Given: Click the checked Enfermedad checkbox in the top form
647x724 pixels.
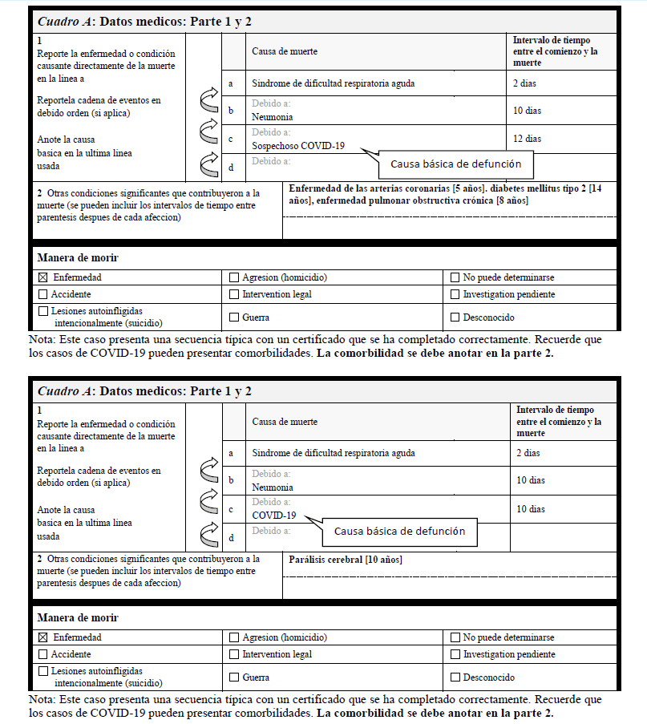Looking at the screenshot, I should point(43,277).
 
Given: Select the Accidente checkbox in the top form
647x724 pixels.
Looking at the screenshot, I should point(43,294).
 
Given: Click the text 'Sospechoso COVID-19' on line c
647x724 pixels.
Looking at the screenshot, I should point(298,146).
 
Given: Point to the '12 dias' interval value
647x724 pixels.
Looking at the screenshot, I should point(527,139).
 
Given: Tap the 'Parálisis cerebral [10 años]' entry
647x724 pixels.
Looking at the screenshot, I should point(345,560).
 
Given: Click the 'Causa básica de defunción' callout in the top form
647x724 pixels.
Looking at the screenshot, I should point(455,164).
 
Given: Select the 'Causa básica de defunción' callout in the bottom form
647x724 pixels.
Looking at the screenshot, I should point(399,532).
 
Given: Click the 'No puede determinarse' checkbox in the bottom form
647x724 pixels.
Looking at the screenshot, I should point(455,637).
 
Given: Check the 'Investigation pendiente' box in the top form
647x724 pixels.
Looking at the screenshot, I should point(455,294).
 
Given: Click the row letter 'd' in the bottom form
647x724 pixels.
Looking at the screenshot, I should point(232,537).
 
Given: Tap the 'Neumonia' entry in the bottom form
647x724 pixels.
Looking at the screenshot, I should point(273,487).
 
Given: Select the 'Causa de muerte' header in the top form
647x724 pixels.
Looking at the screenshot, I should point(285,51).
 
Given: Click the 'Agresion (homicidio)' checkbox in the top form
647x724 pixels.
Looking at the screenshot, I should point(234,277).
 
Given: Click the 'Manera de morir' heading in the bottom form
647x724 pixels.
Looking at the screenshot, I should point(78,617).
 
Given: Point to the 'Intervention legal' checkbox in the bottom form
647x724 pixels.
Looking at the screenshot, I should point(234,654).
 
